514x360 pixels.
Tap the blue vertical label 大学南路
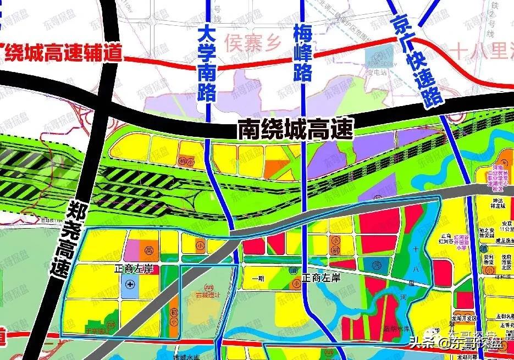point(208,60)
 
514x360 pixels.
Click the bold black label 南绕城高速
point(294,130)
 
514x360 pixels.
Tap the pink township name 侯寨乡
point(253,40)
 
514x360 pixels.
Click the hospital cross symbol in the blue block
point(130,284)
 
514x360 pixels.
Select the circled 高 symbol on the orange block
point(147,250)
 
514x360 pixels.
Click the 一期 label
point(258,279)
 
